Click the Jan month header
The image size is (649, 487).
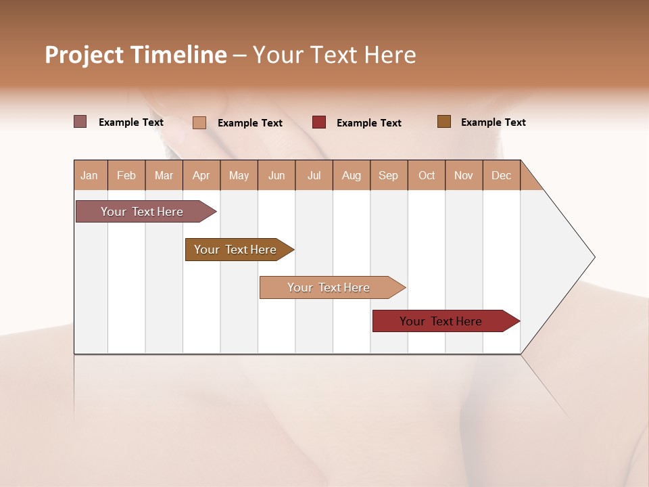[x=90, y=175]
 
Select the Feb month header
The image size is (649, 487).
[x=126, y=175]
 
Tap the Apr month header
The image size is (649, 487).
[x=201, y=175]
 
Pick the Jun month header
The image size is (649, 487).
[x=277, y=175]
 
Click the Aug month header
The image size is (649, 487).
[x=352, y=175]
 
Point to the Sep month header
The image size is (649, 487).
[x=389, y=175]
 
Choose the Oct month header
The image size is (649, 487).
[x=427, y=175]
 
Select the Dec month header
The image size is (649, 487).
[x=502, y=175]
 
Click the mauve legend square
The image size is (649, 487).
[x=80, y=122]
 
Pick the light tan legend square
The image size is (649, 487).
[x=199, y=122]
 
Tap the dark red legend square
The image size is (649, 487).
[x=319, y=122]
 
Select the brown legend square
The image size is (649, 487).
[x=443, y=122]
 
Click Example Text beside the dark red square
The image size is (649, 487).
[x=369, y=123]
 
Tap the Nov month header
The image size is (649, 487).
[x=464, y=175]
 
